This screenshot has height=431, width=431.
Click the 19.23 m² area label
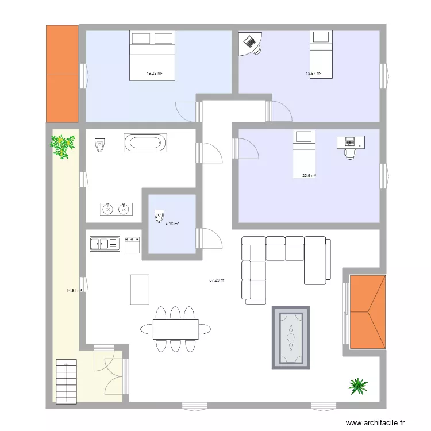tap(154, 74)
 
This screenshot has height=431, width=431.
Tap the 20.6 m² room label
tap(309, 176)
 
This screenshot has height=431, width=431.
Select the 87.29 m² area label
tap(217, 280)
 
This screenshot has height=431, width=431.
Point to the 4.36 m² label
tap(172, 224)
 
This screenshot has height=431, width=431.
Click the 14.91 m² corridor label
tap(74, 291)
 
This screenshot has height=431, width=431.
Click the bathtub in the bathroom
tap(145, 143)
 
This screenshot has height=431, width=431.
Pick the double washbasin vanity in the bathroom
tap(116, 209)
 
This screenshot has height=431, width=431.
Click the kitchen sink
tap(104, 244)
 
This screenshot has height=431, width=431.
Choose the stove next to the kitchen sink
tap(133, 244)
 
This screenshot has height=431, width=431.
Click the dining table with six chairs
tap(175, 329)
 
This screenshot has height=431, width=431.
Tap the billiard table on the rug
tap(291, 337)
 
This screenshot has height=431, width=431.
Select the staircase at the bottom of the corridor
tap(66, 380)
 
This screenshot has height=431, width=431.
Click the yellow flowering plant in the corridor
tap(63, 145)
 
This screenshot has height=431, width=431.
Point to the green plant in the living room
tap(358, 386)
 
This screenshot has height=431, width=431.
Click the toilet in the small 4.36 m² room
tap(158, 218)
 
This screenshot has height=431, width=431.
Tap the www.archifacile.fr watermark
tap(379, 422)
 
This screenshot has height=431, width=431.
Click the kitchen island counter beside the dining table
tap(140, 289)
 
